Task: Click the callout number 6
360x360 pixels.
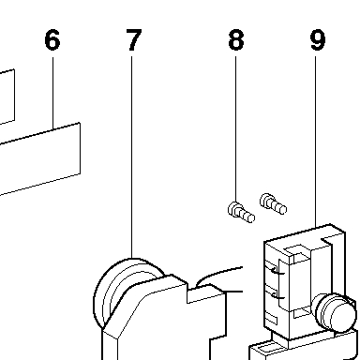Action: [52, 39]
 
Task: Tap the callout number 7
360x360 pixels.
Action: [133, 39]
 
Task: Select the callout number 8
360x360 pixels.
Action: [236, 39]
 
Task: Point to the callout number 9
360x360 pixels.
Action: [318, 39]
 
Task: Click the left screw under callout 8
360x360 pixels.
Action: [241, 213]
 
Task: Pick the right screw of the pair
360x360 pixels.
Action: [273, 203]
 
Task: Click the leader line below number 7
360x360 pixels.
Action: [131, 157]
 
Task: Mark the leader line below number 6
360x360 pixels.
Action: [52, 93]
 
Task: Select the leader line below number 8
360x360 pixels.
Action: [235, 129]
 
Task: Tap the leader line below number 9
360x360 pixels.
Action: [315, 142]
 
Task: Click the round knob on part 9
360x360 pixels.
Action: [335, 312]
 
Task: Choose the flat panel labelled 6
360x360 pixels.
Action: [40, 159]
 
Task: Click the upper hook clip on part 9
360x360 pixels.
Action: [277, 271]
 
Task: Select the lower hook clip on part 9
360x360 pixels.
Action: [277, 295]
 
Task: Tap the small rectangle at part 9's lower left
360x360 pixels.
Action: [271, 319]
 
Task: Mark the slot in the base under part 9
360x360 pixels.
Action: [267, 348]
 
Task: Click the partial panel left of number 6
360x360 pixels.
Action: [7, 97]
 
